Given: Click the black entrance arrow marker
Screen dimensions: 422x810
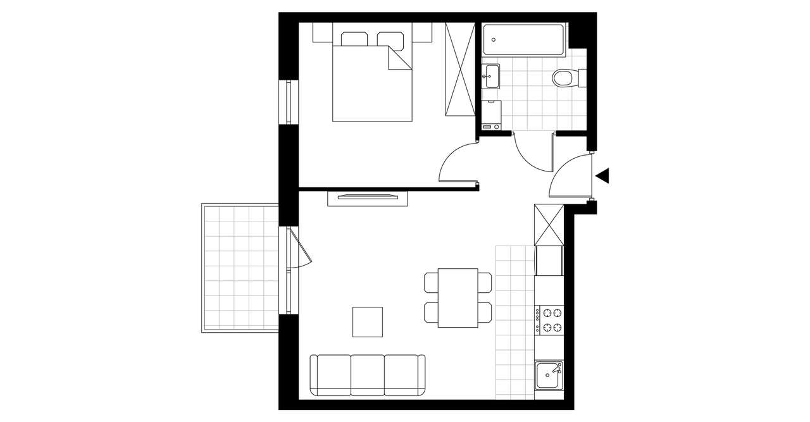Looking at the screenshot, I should point(603,176).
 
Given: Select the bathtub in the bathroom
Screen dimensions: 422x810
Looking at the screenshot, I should point(523,40).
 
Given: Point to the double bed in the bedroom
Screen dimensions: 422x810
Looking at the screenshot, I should point(371,82).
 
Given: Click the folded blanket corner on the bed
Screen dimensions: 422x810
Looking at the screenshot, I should point(397,59).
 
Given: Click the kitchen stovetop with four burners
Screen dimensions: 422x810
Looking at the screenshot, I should point(549,320).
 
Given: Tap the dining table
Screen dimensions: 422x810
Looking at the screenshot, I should point(458,297).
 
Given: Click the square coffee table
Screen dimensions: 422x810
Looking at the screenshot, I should point(368,321).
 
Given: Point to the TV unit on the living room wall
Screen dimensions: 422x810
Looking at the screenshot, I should point(367,198).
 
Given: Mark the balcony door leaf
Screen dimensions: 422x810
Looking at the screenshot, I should point(301,247).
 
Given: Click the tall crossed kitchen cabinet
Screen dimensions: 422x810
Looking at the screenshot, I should point(548,225).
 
